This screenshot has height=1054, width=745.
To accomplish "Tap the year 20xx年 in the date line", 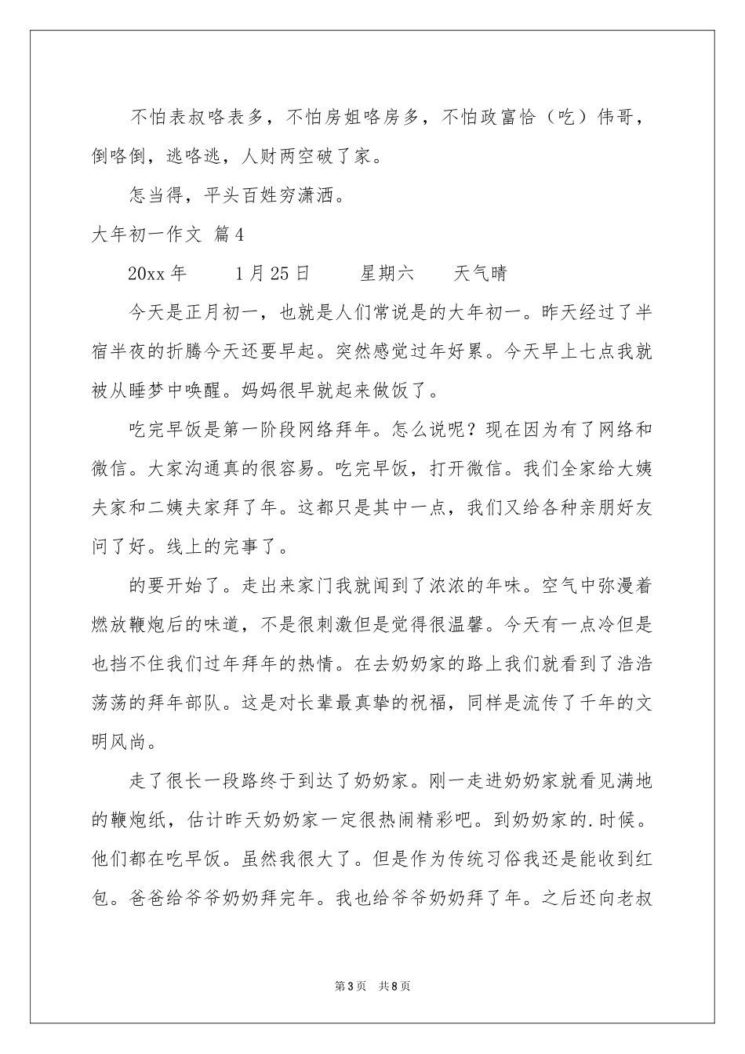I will [157, 273].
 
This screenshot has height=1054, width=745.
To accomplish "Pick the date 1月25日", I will [272, 273].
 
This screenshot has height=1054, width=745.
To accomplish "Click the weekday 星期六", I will [387, 273].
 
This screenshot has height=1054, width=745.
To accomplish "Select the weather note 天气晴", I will [480, 273].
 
